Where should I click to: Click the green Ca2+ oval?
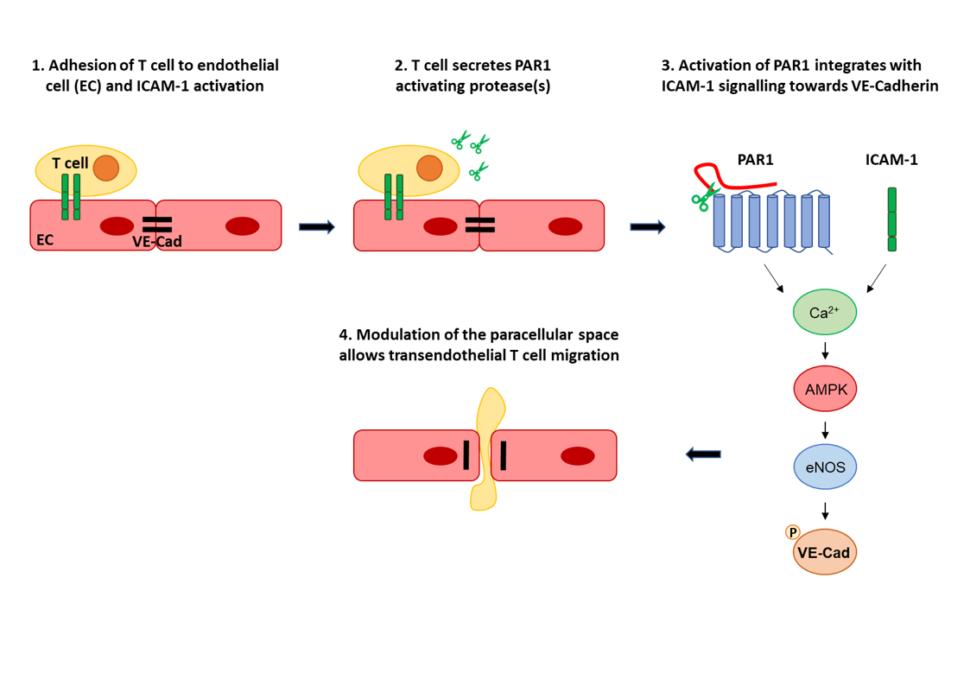click(824, 313)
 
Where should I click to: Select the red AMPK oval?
click(824, 390)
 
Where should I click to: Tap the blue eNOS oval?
click(824, 467)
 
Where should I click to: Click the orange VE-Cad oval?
click(824, 551)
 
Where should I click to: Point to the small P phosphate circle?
click(790, 532)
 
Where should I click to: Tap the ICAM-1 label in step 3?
click(891, 159)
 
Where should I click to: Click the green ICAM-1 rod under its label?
click(891, 219)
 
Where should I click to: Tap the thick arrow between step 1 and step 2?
click(316, 227)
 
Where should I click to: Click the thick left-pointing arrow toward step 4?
click(703, 454)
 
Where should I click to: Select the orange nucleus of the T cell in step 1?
click(106, 168)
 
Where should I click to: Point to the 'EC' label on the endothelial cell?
click(43, 240)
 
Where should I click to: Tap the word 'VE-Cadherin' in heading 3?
click(892, 86)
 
